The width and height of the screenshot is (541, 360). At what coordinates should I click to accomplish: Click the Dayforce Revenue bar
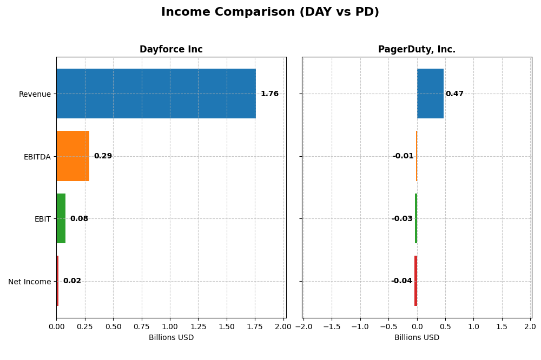[x=156, y=94]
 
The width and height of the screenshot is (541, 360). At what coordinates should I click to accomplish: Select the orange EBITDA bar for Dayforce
[x=72, y=156]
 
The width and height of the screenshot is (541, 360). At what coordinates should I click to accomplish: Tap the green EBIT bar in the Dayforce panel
[x=61, y=218]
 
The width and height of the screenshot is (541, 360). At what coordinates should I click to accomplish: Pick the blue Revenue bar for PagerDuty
[x=430, y=94]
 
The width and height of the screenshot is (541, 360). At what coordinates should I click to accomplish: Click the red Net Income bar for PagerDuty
[x=415, y=281]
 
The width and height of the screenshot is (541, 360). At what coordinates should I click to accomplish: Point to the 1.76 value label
[x=269, y=94]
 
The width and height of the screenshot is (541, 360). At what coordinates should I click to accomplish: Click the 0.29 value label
[x=103, y=156]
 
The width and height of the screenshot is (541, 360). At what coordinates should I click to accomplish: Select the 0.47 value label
[x=454, y=94]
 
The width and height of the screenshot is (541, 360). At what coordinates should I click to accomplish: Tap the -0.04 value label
[x=401, y=281]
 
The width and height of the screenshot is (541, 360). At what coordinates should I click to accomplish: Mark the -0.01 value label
[x=403, y=156]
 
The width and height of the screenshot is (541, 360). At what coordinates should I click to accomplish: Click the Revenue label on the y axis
[x=35, y=95]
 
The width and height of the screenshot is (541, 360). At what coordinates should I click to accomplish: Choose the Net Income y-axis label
[x=29, y=282]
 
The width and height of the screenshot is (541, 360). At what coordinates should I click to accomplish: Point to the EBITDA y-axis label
[x=37, y=157]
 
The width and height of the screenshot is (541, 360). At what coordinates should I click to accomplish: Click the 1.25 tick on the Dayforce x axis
[x=198, y=326]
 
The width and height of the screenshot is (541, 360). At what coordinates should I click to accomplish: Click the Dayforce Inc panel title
[x=171, y=50]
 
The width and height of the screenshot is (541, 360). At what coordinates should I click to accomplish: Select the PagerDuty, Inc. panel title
[x=417, y=50]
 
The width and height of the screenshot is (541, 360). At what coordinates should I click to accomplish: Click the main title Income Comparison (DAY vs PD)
[x=270, y=12]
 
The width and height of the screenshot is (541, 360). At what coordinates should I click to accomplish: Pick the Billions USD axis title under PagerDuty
[x=417, y=338]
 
